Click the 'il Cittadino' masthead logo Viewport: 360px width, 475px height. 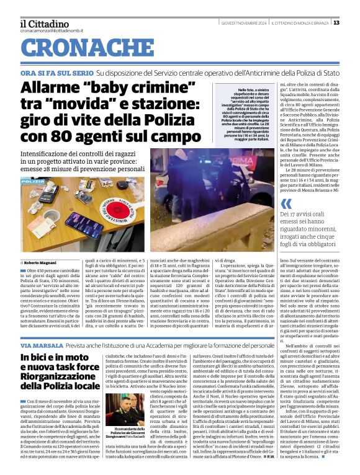coord(44,23)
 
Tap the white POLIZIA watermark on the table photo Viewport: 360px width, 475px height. coord(32,181)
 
